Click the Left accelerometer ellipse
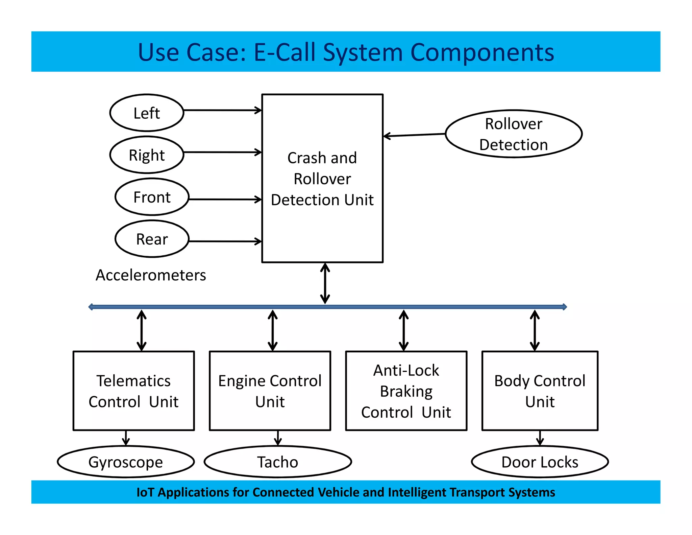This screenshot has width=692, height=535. coord(147,113)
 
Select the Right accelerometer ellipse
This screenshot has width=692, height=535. coord(147,155)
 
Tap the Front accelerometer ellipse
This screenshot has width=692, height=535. coord(152,197)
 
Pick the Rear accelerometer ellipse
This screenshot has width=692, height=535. coord(152,239)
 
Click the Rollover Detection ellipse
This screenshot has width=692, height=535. coord(513,134)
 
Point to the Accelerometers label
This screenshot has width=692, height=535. coord(151,275)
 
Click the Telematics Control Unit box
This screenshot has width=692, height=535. coord(134,391)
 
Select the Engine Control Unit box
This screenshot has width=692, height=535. coord(270,391)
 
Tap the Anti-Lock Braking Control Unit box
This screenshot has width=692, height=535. coord(406,391)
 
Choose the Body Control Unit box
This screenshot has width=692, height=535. coord(540,391)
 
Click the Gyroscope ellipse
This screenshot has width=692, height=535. coord(126,462)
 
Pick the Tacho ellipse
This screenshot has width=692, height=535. coord(278,462)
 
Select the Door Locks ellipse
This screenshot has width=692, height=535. coord(540,462)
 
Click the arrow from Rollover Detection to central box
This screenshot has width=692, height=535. coord(414,135)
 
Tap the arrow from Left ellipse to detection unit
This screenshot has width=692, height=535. coord(222,110)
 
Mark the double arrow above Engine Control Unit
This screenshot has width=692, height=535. coord(273,330)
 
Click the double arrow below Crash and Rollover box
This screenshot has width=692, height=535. coord(325,283)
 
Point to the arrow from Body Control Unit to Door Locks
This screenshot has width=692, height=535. coord(540,438)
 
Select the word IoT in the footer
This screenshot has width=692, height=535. coord(145,492)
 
